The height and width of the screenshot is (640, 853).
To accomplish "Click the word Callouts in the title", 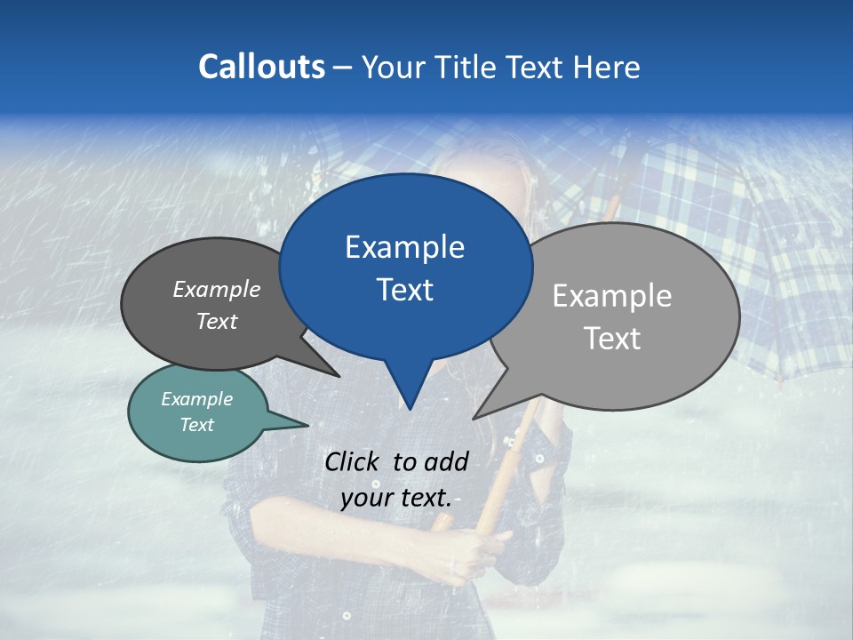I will coord(261,67).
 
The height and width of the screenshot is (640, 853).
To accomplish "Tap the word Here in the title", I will coord(607,67).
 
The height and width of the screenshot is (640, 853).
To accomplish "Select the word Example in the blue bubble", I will coord(404,247).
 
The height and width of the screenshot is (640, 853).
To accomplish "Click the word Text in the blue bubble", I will coord(404,290).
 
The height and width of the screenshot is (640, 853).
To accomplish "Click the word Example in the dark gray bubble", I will coord(217,289).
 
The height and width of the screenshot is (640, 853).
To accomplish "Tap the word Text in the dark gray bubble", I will coord(217,321).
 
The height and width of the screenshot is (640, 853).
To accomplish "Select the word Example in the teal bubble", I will coord(196,399).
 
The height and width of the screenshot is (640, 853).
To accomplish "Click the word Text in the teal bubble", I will coord(196,425).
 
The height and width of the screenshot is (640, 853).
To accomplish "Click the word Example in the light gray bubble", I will coord(612,295).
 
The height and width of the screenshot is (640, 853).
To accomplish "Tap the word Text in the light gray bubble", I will coord(612,338).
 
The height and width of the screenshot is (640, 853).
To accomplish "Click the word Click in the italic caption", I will coord(355,461).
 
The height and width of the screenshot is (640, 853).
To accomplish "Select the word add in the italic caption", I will coord(446,461).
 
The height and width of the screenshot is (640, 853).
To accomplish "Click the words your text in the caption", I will coord(396,497).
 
